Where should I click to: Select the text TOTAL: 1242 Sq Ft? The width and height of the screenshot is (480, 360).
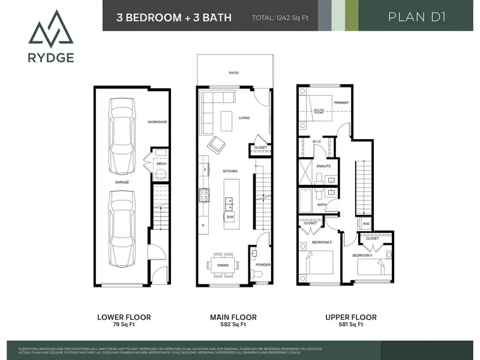click(280, 17)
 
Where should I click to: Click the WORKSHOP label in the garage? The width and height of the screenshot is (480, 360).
click(157, 122)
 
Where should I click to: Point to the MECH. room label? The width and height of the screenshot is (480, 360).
click(161, 163)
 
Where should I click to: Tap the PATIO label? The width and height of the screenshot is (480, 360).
click(233, 73)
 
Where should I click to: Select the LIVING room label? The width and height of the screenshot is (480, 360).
click(244, 118)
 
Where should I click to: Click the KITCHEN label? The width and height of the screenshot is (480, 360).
click(230, 171)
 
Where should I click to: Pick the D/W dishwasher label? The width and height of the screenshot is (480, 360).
click(238, 217)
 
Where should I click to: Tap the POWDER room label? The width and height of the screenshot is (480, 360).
click(262, 264)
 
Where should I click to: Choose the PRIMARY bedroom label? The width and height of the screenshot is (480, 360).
click(341, 103)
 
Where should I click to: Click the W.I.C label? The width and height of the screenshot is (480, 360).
click(317, 142)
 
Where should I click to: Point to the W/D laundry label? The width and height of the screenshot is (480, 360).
click(366, 224)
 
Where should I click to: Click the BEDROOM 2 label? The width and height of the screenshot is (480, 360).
click(322, 242)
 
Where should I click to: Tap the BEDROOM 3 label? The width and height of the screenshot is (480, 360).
click(362, 256)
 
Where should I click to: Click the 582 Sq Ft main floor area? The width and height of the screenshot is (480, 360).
click(233, 325)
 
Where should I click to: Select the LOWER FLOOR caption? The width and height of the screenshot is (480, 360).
click(124, 317)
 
